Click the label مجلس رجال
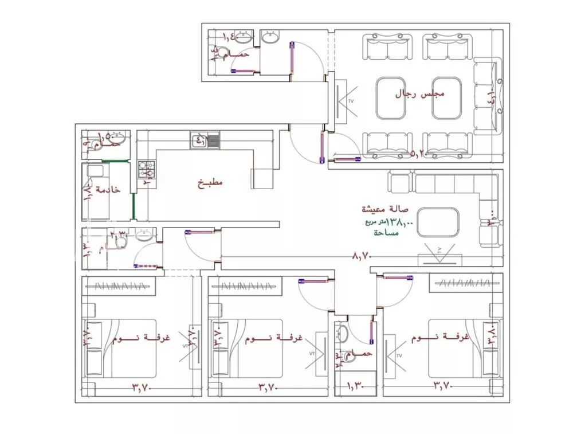(x=421, y=94)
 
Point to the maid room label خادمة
(x=108, y=189)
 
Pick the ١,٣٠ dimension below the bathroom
(x=355, y=388)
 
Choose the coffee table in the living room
(x=438, y=221)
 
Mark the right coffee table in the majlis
(x=447, y=97)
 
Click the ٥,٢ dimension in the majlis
(x=421, y=154)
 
